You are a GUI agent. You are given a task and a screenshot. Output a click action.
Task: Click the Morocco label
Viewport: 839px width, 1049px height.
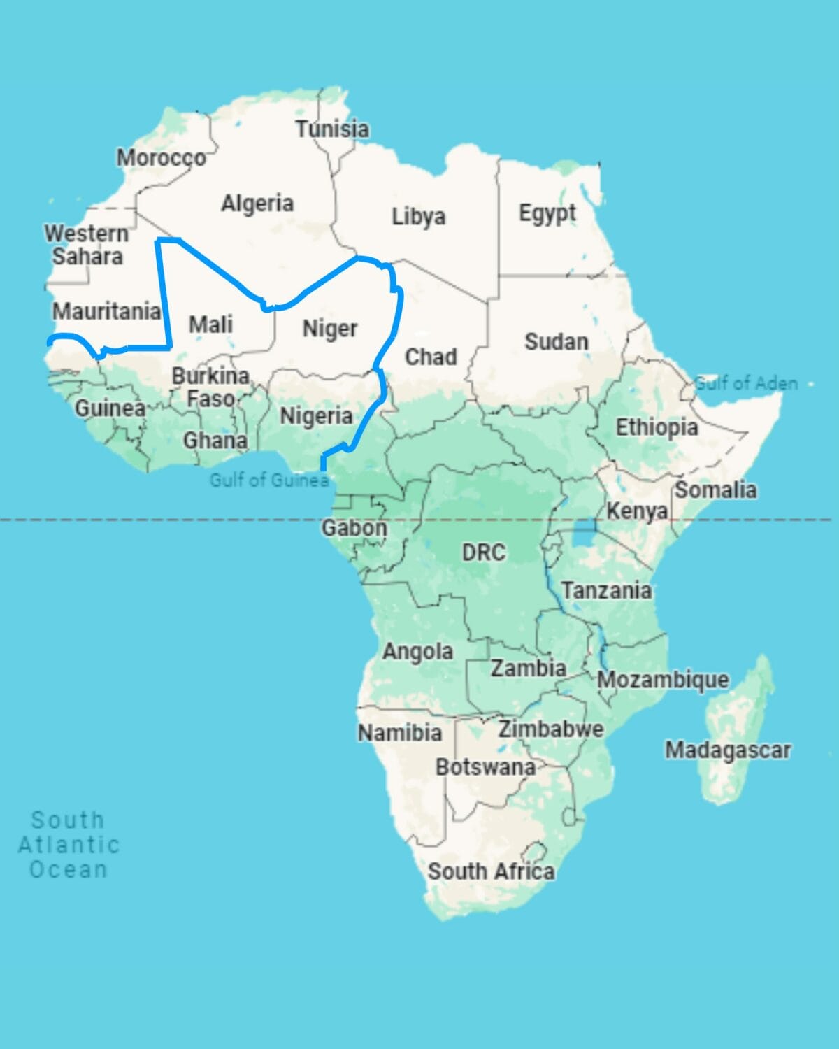161,159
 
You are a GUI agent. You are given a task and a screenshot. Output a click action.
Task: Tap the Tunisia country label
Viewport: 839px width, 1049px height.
332,129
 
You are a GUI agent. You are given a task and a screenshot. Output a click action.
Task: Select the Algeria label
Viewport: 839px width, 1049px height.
257,204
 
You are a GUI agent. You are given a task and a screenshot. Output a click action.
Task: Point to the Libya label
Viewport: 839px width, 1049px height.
418,216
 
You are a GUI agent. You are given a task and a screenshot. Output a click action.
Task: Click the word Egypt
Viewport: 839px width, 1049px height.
547,213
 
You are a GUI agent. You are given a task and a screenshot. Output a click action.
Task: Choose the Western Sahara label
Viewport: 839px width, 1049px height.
87,245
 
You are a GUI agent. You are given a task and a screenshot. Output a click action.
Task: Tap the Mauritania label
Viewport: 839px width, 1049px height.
106,311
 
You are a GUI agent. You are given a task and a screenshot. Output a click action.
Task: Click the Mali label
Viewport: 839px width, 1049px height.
210,324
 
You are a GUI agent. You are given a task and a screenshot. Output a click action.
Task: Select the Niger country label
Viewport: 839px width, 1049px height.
330,329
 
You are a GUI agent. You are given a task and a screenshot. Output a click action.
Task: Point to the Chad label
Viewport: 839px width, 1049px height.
431,357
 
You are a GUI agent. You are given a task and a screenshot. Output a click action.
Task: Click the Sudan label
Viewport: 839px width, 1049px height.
557,342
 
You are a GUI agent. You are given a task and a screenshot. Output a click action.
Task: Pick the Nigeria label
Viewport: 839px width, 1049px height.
316,416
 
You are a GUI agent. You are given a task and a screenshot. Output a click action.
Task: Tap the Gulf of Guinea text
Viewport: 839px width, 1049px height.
269,480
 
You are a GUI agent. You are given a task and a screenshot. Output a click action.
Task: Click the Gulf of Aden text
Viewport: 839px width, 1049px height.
746,383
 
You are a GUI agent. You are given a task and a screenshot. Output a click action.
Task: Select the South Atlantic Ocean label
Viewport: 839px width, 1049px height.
69,845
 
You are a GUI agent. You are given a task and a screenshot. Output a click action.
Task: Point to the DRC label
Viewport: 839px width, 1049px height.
483,552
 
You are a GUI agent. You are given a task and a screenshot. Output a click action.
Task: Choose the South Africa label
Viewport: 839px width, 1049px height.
492,871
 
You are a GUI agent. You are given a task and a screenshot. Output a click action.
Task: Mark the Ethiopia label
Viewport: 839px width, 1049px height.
657,427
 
